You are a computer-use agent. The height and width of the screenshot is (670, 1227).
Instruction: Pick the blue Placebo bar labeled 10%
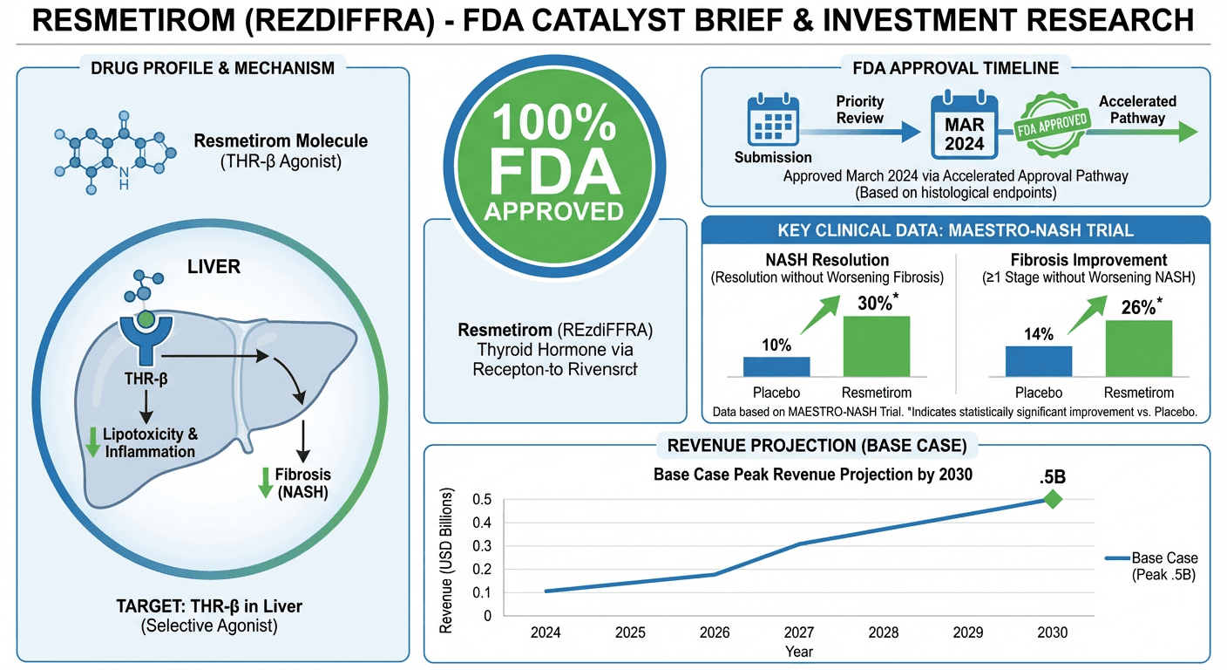[776, 366]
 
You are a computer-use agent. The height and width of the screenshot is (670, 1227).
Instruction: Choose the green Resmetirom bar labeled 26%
[1138, 348]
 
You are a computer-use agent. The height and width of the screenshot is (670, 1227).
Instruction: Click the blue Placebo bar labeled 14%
[1039, 360]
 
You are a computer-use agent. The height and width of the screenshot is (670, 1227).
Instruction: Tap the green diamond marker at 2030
[1053, 499]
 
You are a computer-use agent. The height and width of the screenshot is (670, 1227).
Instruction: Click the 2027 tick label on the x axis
[800, 632]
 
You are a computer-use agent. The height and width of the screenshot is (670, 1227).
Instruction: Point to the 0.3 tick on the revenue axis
[481, 546]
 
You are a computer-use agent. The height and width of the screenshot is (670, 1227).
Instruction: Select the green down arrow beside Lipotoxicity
[92, 442]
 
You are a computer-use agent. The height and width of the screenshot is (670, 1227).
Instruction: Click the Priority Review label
[859, 110]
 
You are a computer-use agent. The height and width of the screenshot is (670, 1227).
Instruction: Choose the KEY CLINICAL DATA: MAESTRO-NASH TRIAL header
[955, 230]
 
